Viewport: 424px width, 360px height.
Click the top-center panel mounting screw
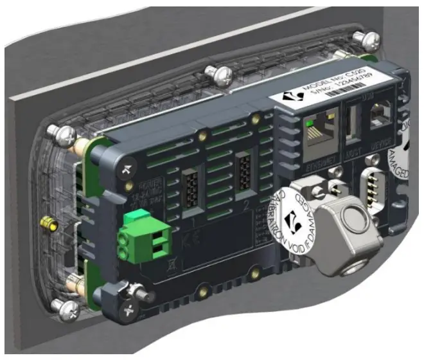(x=215, y=76)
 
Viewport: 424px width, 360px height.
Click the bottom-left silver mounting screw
(x=67, y=310)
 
